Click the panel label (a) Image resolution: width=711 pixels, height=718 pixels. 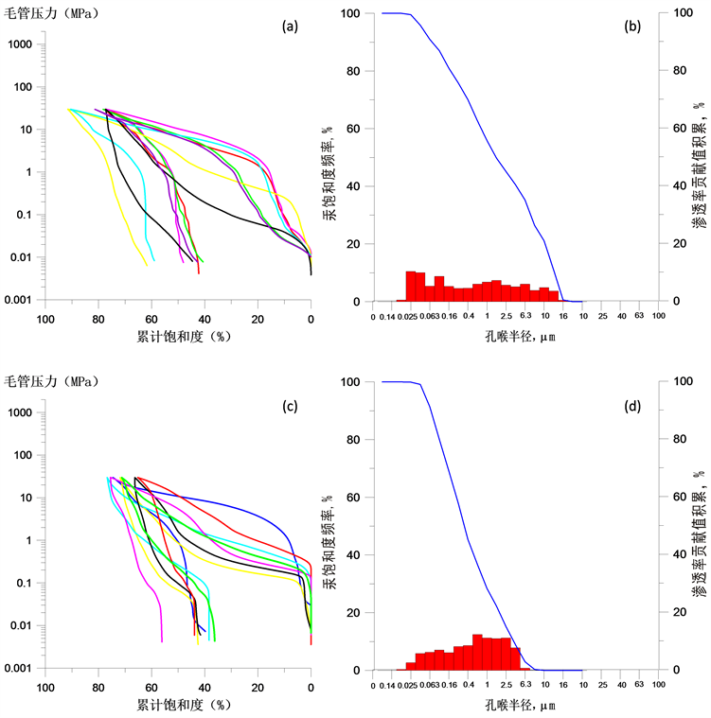(x=290, y=26)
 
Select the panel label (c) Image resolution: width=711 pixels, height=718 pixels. (x=290, y=406)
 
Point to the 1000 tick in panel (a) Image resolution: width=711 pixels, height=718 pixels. (x=22, y=44)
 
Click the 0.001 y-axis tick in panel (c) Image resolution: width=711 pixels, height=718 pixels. (x=20, y=668)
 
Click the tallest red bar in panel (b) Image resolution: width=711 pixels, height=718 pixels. (x=410, y=286)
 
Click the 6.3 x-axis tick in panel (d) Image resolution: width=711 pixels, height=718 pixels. (x=525, y=684)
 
